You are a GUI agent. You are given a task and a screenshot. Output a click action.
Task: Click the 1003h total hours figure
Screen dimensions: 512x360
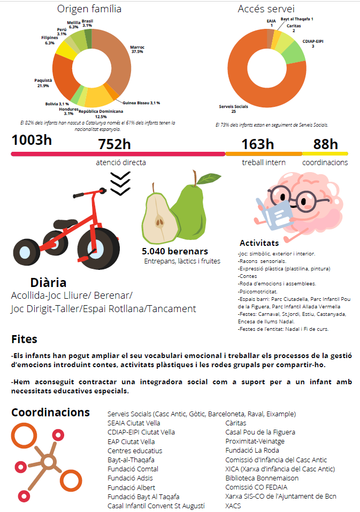coord(32,141)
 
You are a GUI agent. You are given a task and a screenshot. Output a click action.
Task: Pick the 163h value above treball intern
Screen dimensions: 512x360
coord(257,144)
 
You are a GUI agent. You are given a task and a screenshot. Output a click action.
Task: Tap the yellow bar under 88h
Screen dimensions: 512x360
coord(325,154)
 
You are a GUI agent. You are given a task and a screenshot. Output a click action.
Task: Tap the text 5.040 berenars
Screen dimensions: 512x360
coord(174,251)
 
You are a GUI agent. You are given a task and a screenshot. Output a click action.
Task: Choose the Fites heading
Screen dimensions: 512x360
coord(24,339)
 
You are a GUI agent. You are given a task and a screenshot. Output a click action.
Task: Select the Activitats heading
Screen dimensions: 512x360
coord(259,243)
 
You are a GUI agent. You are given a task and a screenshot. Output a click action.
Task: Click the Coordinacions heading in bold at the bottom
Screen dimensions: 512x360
coord(50,413)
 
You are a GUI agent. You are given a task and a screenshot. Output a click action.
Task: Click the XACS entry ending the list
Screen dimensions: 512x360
coord(233,505)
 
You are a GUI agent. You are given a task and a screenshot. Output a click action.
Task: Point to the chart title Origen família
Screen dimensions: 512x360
coord(89,9)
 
